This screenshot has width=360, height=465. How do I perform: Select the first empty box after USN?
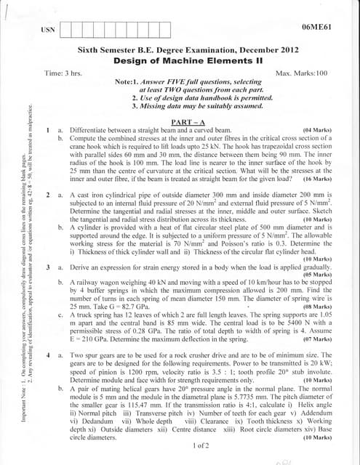click(68, 31)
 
